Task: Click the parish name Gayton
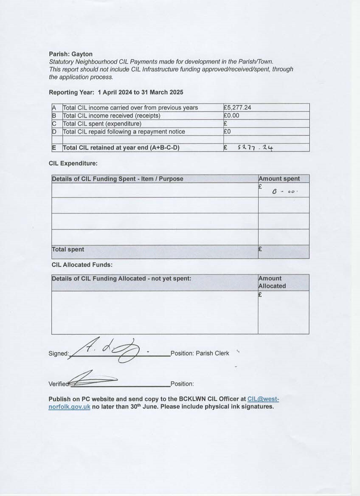click(82, 54)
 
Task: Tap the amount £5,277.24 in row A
click(237, 107)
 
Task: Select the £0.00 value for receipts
click(232, 116)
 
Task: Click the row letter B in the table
click(54, 116)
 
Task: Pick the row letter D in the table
click(54, 132)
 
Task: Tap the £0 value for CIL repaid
click(227, 132)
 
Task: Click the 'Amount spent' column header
click(279, 179)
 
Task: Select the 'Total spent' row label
click(68, 249)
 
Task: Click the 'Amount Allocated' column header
click(272, 282)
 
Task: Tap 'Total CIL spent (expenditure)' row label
click(102, 124)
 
